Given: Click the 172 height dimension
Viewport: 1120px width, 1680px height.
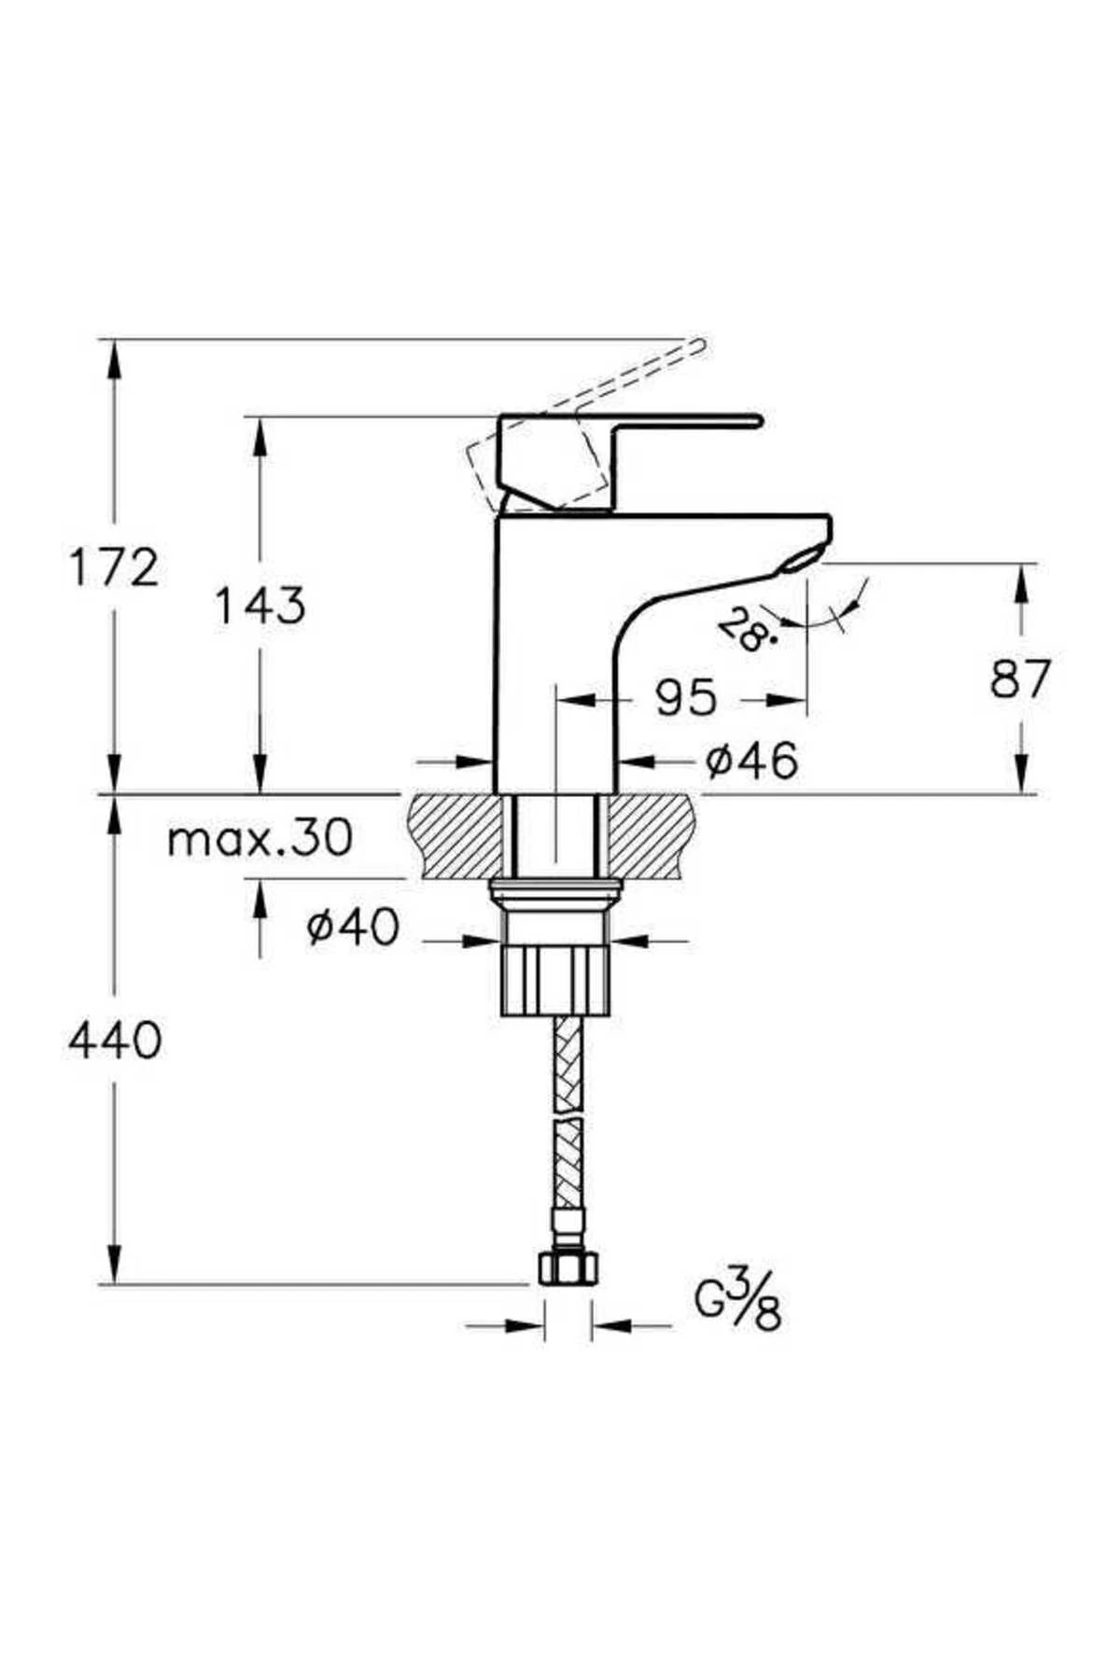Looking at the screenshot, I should tap(115, 568).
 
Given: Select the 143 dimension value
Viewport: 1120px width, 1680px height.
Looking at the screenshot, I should tap(259, 607).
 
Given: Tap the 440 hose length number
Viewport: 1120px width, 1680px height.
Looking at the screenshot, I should tap(115, 1040).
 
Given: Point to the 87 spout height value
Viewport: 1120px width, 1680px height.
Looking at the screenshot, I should tap(1020, 679).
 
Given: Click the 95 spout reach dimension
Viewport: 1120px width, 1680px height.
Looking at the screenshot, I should tap(685, 697).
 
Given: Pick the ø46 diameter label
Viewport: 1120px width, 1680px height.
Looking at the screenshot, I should tap(751, 761).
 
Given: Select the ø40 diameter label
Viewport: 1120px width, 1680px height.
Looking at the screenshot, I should tap(354, 927).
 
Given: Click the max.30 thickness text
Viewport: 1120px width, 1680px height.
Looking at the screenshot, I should tap(259, 838).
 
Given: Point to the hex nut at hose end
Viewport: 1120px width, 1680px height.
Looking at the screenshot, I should tap(567, 1268).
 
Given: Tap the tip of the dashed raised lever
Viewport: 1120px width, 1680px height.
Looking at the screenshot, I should tap(700, 345).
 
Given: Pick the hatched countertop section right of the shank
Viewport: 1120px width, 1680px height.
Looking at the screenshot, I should tap(653, 836).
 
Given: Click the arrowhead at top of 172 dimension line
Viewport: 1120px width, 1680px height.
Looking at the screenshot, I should tap(115, 355).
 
